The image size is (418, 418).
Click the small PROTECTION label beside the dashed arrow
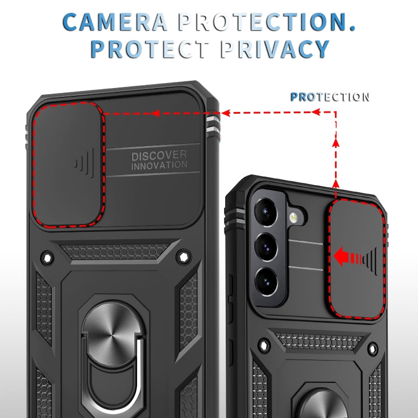coord(329,97)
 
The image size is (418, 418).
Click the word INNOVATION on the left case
coord(159,166)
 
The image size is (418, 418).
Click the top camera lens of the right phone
coord(266,212)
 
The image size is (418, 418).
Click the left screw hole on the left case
coord(46,257)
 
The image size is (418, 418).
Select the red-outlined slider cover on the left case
coord(69,164)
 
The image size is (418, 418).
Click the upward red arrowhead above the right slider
coord(336,143)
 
